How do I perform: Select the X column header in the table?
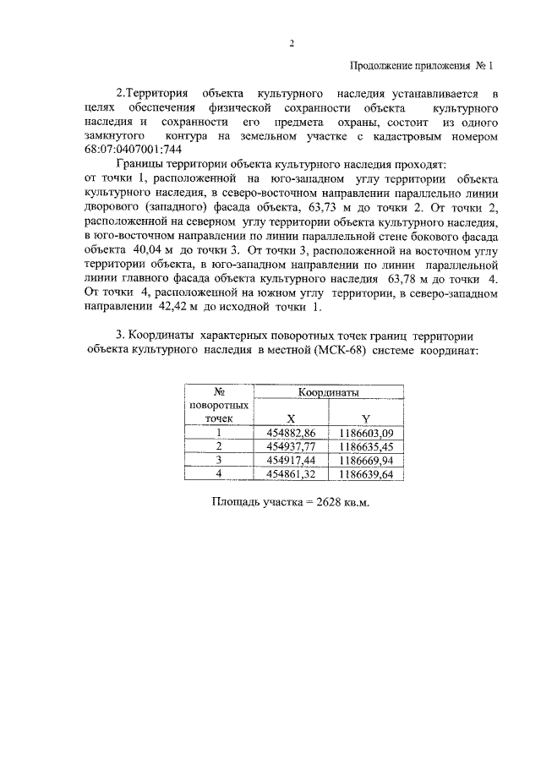point(290,418)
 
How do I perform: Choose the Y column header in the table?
point(365,418)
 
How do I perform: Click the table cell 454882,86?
point(290,433)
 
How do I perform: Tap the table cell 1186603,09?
point(366,433)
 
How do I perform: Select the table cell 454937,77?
point(290,446)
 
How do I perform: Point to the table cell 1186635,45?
point(366,446)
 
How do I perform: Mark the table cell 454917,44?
point(290,460)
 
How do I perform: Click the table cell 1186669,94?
point(366,460)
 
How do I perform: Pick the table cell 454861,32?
point(290,474)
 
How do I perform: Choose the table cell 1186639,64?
point(366,474)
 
